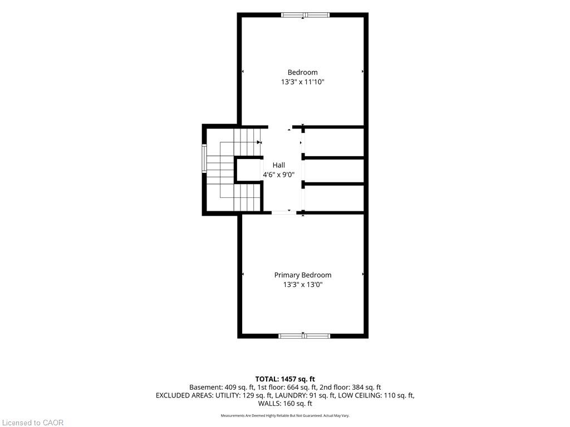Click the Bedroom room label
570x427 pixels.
pyautogui.click(x=302, y=72)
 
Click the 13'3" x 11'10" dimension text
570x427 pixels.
pyautogui.click(x=302, y=82)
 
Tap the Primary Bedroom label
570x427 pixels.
pyautogui.click(x=303, y=275)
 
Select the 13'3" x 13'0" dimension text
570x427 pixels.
pyautogui.click(x=303, y=285)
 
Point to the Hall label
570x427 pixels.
pyautogui.click(x=279, y=165)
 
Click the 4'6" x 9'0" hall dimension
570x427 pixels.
pyautogui.click(x=279, y=175)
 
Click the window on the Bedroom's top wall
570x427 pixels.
pyautogui.click(x=306, y=15)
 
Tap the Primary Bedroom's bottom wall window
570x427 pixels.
pyautogui.click(x=304, y=336)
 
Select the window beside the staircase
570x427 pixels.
pyautogui.click(x=204, y=158)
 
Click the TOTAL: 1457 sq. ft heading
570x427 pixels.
pyautogui.click(x=285, y=379)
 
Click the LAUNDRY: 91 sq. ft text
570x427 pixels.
pyautogui.click(x=305, y=395)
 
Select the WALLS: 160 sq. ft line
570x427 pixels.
pyautogui.click(x=285, y=404)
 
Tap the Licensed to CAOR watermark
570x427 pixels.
pyautogui.click(x=33, y=423)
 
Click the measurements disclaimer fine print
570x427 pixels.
pyautogui.click(x=285, y=416)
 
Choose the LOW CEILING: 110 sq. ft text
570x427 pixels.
pyautogui.click(x=376, y=395)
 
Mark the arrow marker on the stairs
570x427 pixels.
pyautogui.click(x=259, y=142)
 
